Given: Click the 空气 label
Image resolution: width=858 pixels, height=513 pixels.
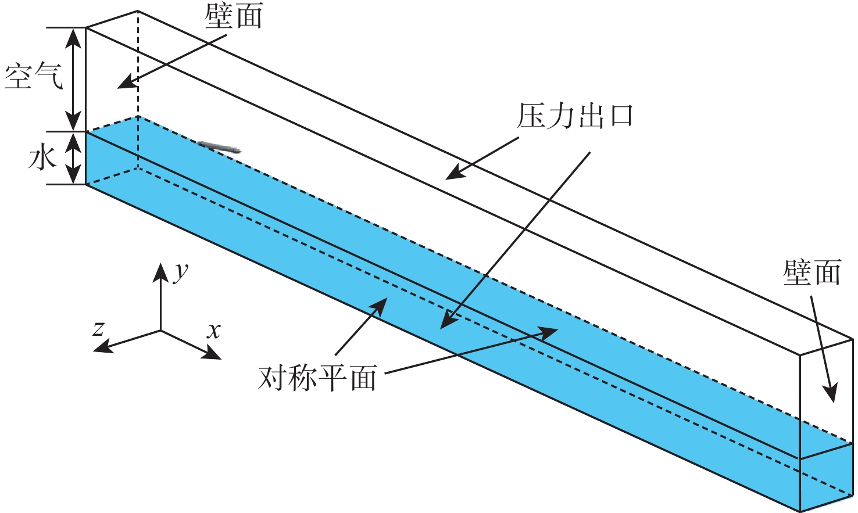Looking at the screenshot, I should click(33, 77).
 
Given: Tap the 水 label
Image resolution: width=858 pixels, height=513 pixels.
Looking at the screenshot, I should click(42, 158).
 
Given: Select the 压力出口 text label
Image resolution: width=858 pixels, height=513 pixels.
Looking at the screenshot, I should click(574, 116).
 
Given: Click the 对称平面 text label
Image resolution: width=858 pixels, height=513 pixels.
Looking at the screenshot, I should click(317, 378).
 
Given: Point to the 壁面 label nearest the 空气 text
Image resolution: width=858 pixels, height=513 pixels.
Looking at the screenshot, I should click(233, 16).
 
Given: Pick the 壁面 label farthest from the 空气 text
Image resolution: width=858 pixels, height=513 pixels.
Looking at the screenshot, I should click(811, 272).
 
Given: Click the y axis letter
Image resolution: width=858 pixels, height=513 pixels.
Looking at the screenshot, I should click(181, 271).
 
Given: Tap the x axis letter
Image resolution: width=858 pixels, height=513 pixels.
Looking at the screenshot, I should click(214, 331).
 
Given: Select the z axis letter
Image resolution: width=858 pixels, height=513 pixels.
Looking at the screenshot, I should click(99, 328).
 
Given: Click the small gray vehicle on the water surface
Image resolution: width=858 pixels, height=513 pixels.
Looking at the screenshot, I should click(219, 147).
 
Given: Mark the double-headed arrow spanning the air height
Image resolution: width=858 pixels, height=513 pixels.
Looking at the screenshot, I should click(73, 79).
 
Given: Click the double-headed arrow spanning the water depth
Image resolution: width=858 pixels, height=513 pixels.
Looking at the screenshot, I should click(73, 158).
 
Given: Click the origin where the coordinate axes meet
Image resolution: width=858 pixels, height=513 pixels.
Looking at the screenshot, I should click(160, 331).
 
